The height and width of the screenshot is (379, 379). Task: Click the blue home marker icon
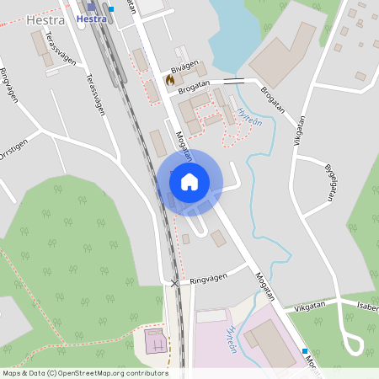coord(189,180)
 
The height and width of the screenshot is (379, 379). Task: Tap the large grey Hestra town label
coord(45,19)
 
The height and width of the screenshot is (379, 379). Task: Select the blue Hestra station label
coord(91,19)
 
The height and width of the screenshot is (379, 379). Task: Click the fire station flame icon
coord(169,80)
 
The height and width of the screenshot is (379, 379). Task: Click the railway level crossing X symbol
coord(174,283)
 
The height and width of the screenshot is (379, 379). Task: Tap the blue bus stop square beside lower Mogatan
coord(305,351)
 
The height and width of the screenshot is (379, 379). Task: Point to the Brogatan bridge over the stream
coord(233,82)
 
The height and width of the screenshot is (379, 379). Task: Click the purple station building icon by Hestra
coord(92,7)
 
